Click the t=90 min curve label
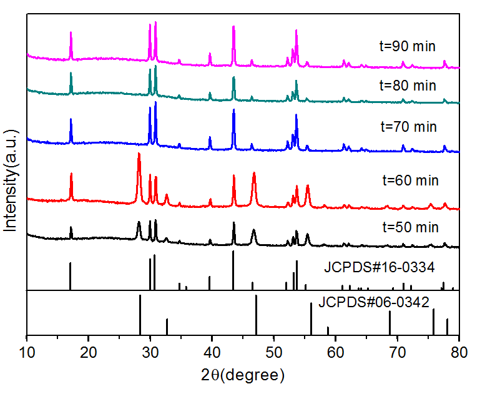pos(407,46)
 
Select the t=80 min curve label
pos(408,86)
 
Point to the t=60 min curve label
pos(410,180)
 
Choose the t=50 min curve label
pos(410,227)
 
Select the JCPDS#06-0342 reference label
pos(374,303)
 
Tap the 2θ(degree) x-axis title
pos(243,375)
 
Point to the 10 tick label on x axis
pos(27,352)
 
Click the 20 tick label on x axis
pos(89,352)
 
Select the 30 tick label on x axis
pos(150,352)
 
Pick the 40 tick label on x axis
pos(212,352)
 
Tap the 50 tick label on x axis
pos(274,352)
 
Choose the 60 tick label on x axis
pos(336,352)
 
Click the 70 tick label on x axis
pos(398,352)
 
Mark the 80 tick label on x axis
pos(459,352)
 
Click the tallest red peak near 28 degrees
pos(139,154)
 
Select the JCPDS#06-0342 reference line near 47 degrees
pos(256,315)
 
